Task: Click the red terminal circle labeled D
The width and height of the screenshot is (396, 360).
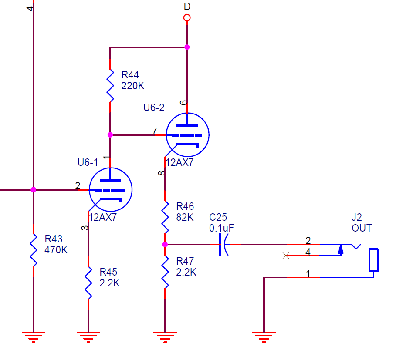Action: coord(187,18)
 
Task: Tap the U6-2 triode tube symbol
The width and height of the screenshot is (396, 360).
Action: coord(187,135)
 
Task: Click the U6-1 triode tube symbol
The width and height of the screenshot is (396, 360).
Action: coord(110,189)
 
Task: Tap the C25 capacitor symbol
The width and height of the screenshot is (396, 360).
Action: coord(223,245)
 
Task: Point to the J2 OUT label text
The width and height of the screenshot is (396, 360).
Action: coord(362,222)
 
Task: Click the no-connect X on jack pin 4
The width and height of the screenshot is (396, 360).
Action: coord(286,256)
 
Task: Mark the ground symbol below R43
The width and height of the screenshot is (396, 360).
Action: coord(33,336)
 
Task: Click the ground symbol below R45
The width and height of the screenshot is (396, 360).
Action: coord(88,336)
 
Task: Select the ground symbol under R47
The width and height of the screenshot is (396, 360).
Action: coord(165,336)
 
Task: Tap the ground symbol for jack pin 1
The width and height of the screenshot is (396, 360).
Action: coord(264,336)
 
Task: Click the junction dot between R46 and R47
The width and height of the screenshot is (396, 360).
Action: coord(165,245)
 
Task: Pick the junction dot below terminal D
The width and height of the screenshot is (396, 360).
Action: coord(187,47)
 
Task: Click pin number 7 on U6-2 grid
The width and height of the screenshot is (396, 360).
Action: coord(154,131)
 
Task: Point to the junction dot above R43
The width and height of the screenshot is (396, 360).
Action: coord(33,190)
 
